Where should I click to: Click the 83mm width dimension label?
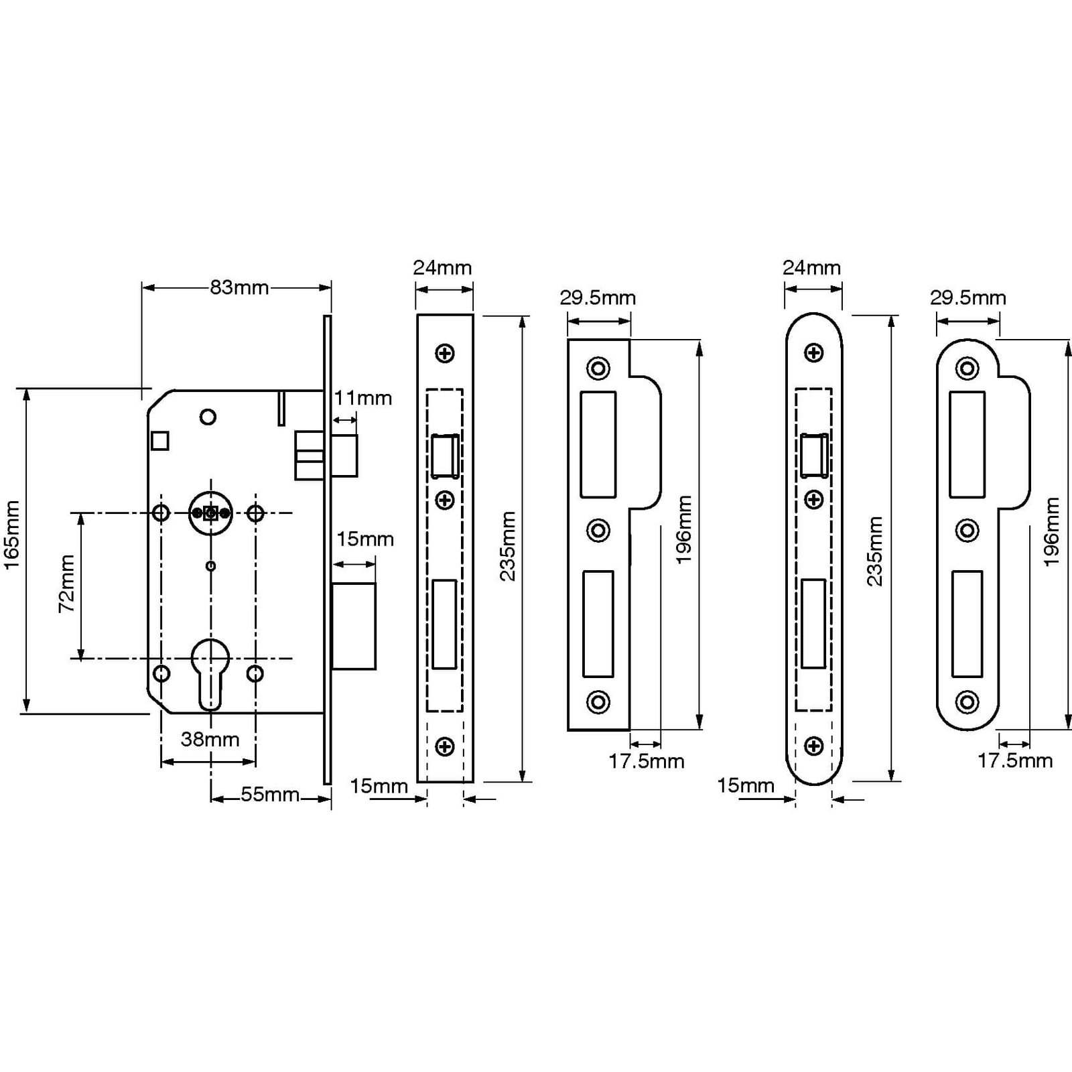coord(239,287)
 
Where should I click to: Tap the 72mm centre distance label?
coord(66,584)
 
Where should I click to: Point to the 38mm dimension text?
coord(210,739)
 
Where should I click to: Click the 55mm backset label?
coord(270,794)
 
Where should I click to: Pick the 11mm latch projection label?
coord(363,398)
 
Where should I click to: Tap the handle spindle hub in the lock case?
coord(210,513)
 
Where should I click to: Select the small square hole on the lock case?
coord(160,441)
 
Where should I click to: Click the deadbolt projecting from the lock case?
coord(354,626)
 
